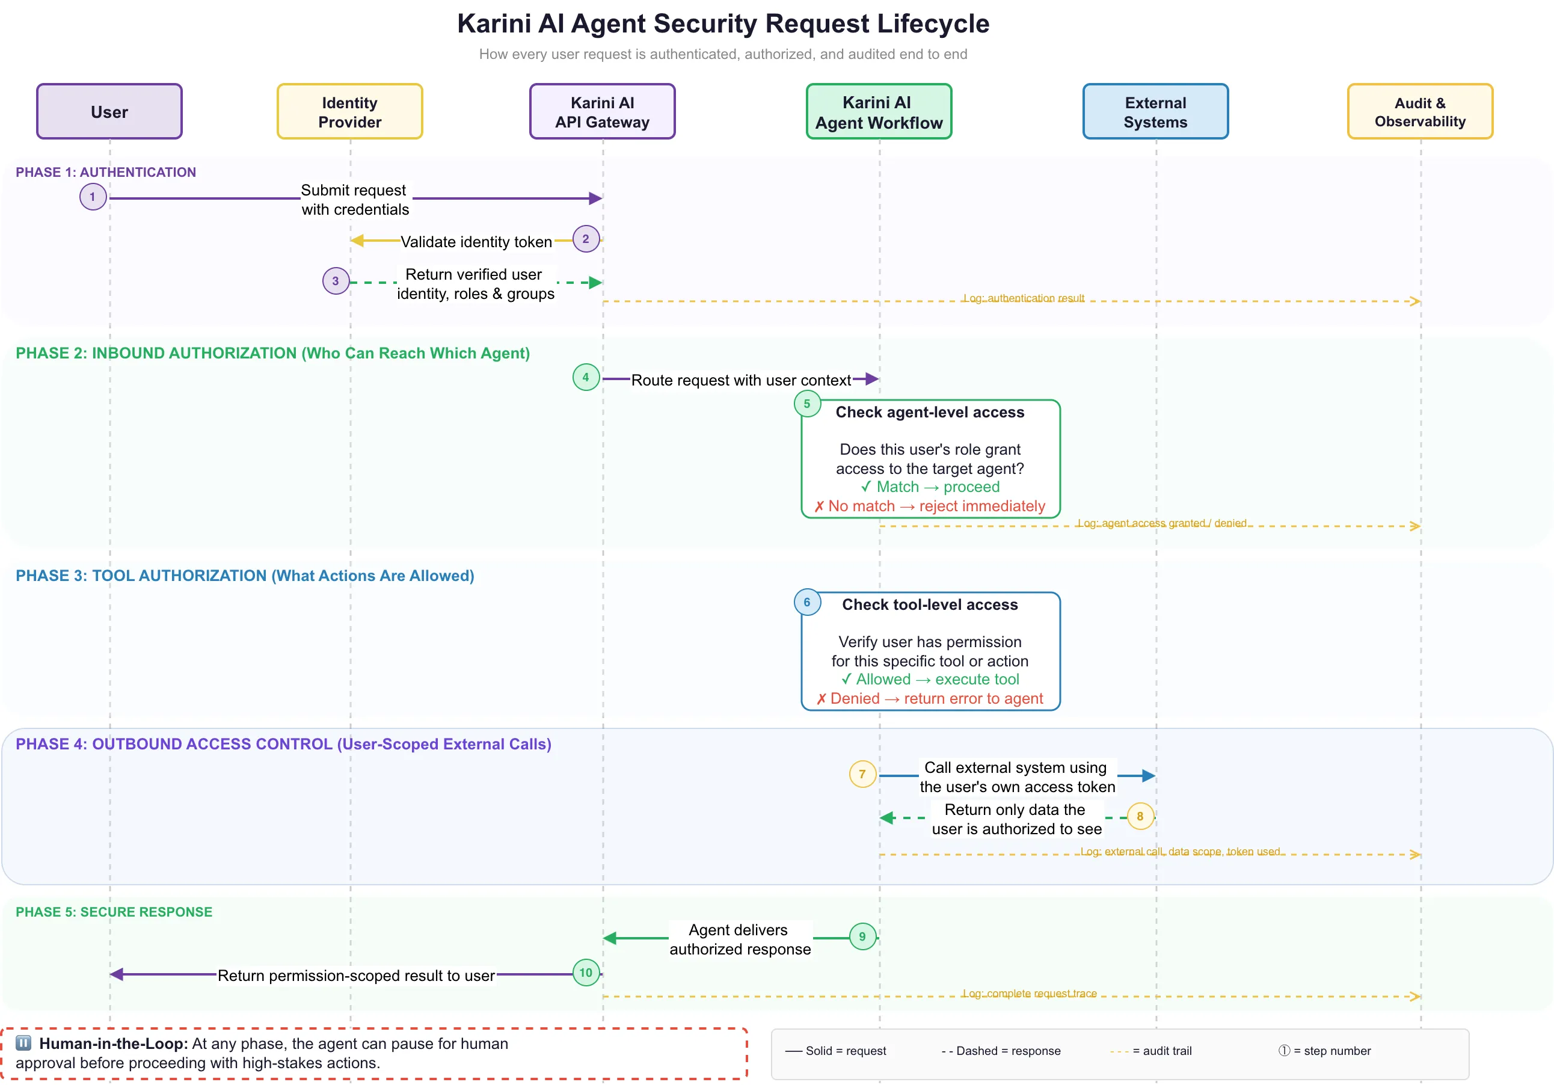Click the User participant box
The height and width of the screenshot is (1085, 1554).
109,112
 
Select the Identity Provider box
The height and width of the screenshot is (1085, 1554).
349,112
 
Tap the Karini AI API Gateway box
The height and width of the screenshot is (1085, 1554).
602,112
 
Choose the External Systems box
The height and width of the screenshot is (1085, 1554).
1155,112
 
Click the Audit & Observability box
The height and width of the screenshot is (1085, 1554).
1419,112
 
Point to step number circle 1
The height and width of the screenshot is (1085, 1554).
93,197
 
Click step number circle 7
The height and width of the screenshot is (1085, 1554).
862,773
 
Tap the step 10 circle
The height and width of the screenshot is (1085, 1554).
586,973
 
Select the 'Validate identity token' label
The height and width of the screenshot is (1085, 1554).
476,242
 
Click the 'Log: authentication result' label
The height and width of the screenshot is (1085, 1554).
1023,298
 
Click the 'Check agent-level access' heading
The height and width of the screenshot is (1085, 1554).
929,412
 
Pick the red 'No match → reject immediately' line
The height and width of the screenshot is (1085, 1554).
929,506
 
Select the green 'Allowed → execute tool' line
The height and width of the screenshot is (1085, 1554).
929,679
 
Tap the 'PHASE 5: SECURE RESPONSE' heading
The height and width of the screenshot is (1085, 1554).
114,912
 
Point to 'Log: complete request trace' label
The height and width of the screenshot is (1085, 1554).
1029,993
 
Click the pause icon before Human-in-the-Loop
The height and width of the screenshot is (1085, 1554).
23,1042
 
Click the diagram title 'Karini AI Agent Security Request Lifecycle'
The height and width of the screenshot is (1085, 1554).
723,23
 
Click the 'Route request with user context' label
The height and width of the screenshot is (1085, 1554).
740,380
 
